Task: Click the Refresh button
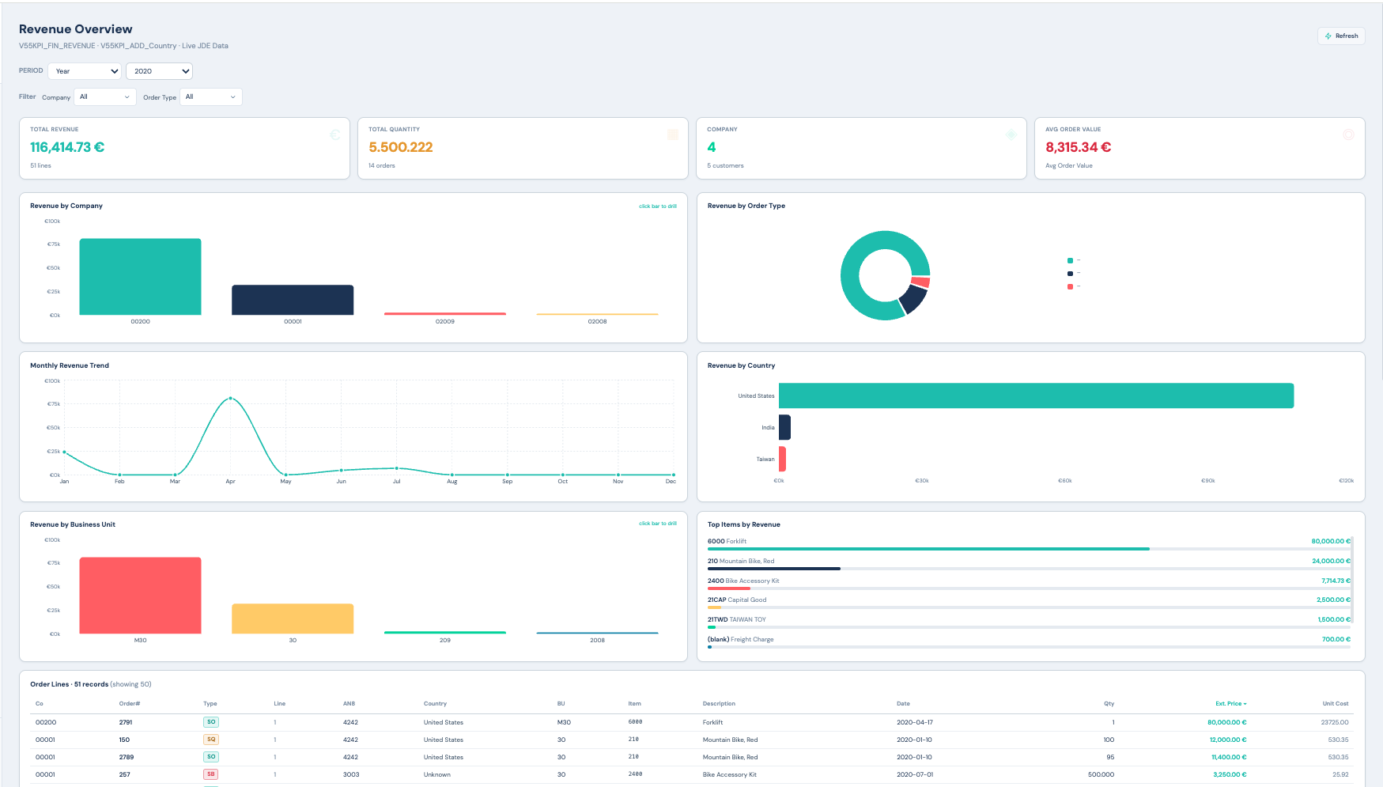tap(1341, 36)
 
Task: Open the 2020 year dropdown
tap(159, 71)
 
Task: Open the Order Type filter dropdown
tap(210, 96)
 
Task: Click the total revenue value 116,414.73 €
tap(67, 147)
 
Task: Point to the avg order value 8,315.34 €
tap(1078, 147)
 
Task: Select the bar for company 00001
tap(293, 300)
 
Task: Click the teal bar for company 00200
tap(140, 277)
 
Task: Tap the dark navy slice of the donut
tap(913, 298)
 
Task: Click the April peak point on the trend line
tap(230, 398)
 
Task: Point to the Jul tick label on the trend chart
tap(396, 481)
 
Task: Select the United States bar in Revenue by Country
tap(1036, 395)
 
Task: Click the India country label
tap(768, 427)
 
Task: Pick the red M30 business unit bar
tap(140, 595)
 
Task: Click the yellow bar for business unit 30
tap(293, 619)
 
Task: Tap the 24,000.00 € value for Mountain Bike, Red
tap(1331, 561)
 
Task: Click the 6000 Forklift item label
tap(727, 541)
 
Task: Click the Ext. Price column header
tap(1230, 703)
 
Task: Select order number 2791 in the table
tap(126, 722)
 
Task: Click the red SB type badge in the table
tap(211, 774)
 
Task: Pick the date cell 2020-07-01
tap(914, 774)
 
